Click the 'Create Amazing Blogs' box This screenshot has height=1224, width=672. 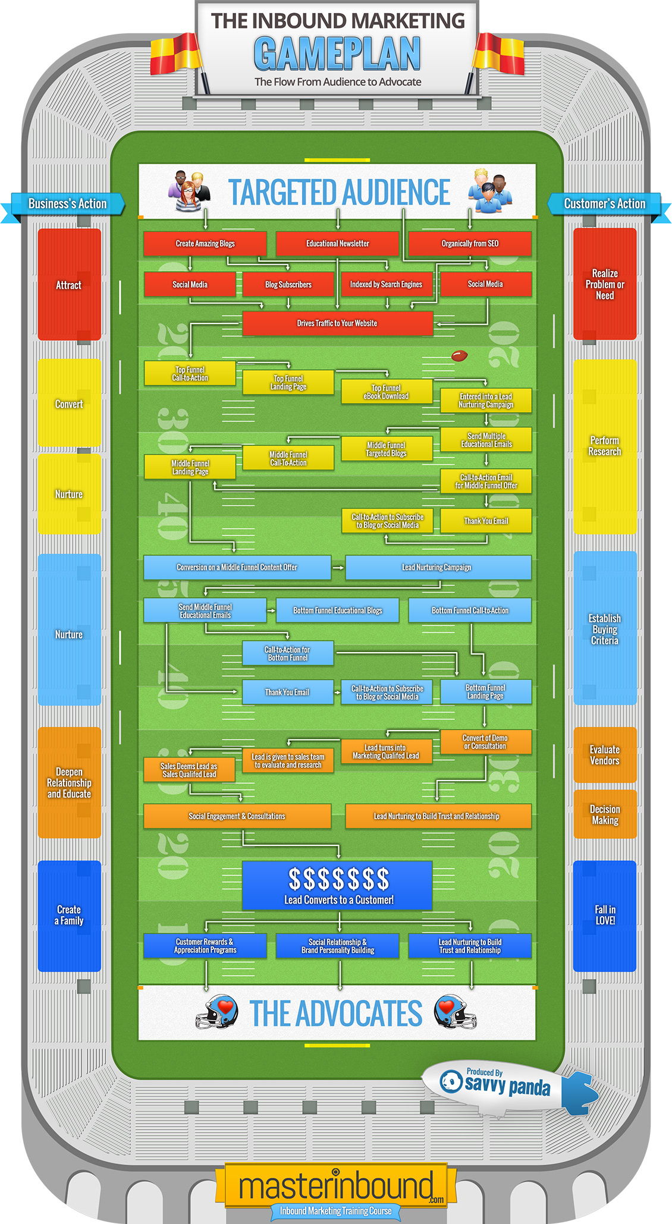(x=205, y=244)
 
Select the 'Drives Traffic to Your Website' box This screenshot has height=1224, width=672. (x=337, y=323)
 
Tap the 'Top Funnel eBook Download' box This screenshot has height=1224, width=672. (x=387, y=392)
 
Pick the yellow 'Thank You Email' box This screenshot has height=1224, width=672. (x=486, y=521)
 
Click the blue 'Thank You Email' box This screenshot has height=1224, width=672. (x=288, y=692)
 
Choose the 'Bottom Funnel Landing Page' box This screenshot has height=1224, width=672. (x=486, y=692)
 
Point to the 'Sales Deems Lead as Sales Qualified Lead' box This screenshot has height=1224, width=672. (x=190, y=770)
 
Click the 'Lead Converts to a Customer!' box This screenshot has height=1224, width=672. (x=337, y=885)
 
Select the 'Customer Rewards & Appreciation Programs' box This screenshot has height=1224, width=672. (x=205, y=946)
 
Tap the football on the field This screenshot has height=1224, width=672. (x=459, y=356)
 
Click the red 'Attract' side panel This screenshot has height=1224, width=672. (x=69, y=285)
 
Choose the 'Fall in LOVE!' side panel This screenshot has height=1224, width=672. (x=605, y=915)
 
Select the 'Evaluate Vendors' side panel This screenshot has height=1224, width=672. (x=605, y=755)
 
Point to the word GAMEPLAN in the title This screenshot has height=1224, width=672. (x=338, y=54)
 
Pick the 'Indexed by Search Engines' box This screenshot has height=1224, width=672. (x=387, y=284)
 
